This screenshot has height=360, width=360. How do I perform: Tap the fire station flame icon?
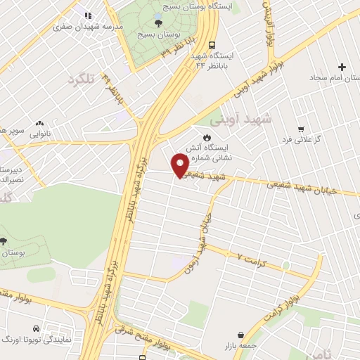click(206, 136)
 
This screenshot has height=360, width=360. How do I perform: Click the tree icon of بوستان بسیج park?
click(157, 22)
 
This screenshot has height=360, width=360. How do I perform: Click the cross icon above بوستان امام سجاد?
click(342, 67)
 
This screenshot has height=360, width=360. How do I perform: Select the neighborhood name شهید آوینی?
click(245, 119)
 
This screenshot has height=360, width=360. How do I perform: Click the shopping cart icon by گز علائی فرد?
click(301, 129)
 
